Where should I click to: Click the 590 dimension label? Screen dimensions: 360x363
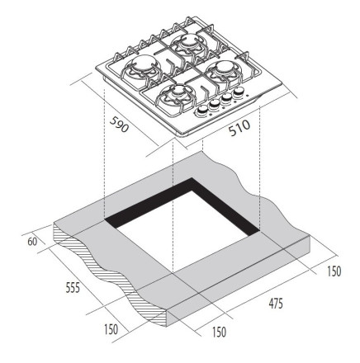pyautogui.click(x=119, y=125)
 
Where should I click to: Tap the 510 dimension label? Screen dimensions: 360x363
pyautogui.click(x=239, y=128)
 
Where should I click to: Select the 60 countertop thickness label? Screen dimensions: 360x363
pyautogui.click(x=32, y=242)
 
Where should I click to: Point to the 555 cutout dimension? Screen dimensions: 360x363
pyautogui.click(x=73, y=287)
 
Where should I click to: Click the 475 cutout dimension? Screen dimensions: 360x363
pyautogui.click(x=276, y=304)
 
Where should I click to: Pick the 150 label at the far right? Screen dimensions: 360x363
pyautogui.click(x=334, y=271)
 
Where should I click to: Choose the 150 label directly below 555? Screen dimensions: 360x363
pyautogui.click(x=111, y=329)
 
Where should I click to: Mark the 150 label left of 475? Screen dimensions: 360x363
pyautogui.click(x=219, y=332)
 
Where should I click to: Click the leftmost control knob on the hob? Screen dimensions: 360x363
pyautogui.click(x=202, y=110)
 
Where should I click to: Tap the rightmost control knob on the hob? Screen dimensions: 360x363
pyautogui.click(x=239, y=91)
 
